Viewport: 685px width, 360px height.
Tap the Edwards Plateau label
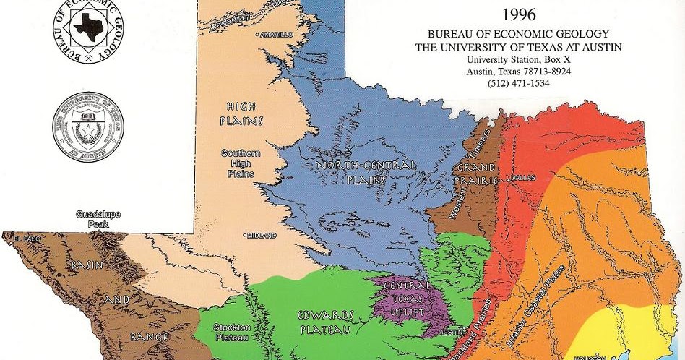[x=326, y=322]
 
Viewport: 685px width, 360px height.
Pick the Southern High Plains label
[x=241, y=163]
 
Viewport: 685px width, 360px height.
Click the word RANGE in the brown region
[x=150, y=337]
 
